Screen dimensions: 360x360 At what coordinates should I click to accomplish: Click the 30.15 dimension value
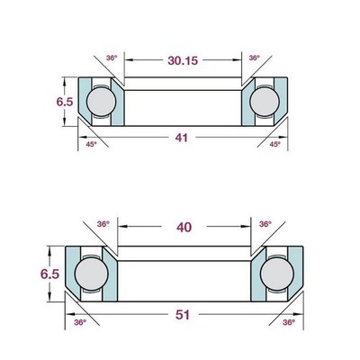coord(183,60)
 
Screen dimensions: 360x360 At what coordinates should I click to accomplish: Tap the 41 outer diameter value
coord(182,138)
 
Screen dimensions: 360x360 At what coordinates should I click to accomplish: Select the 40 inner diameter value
coord(184,228)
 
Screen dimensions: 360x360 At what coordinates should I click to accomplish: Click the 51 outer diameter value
coord(183,315)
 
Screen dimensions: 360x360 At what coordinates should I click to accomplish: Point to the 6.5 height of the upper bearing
coord(65,102)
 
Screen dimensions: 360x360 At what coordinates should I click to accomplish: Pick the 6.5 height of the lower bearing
coord(49,274)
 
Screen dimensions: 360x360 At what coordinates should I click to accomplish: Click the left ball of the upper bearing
coord(101,102)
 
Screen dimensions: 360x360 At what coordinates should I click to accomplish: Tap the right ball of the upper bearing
coord(265,102)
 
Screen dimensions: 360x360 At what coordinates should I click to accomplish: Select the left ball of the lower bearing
coord(92,274)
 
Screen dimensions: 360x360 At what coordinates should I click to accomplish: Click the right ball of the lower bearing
coord(277,274)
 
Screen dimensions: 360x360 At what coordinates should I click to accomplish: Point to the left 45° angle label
coord(91,144)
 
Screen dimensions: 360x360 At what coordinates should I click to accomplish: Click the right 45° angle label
coord(274,144)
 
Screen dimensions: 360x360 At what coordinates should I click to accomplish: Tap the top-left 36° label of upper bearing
coord(112,58)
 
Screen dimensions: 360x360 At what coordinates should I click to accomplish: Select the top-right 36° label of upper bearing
coord(254,58)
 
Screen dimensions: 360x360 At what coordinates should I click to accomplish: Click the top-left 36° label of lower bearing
coord(103,224)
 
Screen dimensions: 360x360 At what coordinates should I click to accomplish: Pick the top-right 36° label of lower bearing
coord(265,224)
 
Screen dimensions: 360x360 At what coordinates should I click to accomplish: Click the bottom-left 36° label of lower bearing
coord(80,322)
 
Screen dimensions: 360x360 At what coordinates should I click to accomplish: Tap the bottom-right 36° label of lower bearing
coord(289,322)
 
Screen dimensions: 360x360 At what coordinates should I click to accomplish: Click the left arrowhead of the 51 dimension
coord(69,314)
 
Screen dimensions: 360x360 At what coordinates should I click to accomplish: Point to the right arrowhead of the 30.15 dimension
coord(238,60)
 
